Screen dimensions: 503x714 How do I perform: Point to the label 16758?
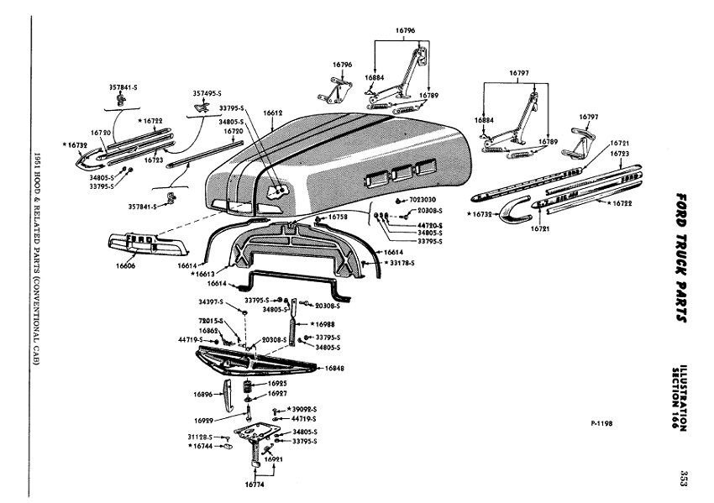[339, 217]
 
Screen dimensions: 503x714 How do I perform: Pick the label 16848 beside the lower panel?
[334, 368]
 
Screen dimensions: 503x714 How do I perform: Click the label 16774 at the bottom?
[255, 485]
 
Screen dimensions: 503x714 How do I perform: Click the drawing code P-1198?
[601, 424]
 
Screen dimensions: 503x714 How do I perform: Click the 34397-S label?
[211, 301]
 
